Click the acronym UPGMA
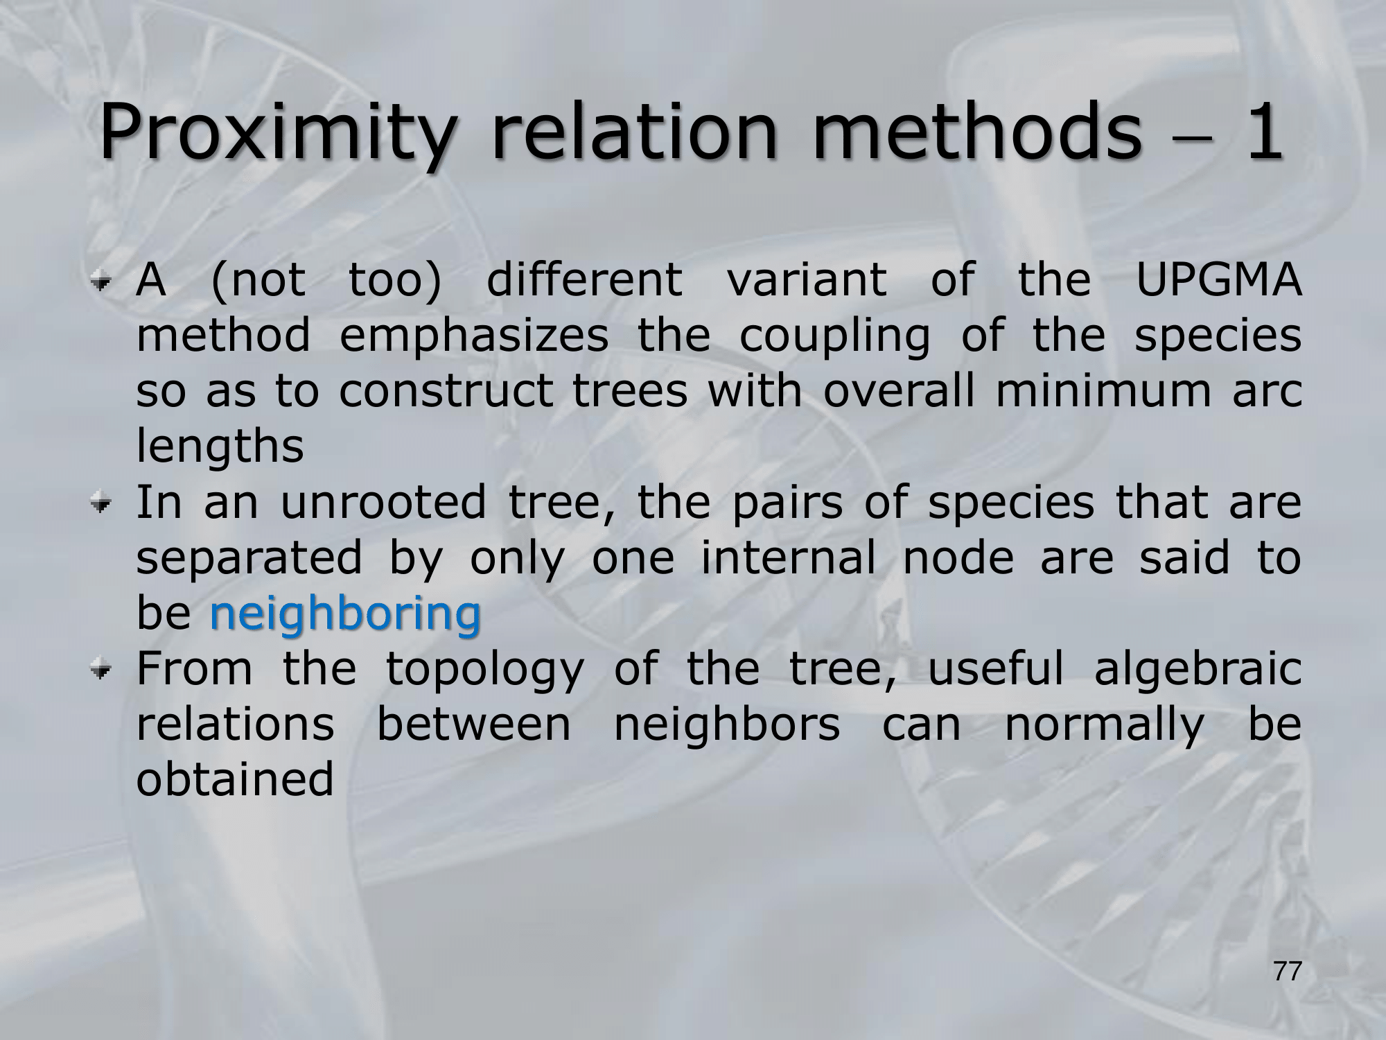pos(1218,279)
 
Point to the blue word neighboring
pos(344,614)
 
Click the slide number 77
pos(1288,972)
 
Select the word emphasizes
pos(473,336)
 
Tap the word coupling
pos(834,336)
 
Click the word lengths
pos(220,447)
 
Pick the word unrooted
pos(383,503)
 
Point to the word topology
pos(484,669)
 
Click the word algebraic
pos(1198,669)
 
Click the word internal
pos(789,558)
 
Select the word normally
pos(1105,725)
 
